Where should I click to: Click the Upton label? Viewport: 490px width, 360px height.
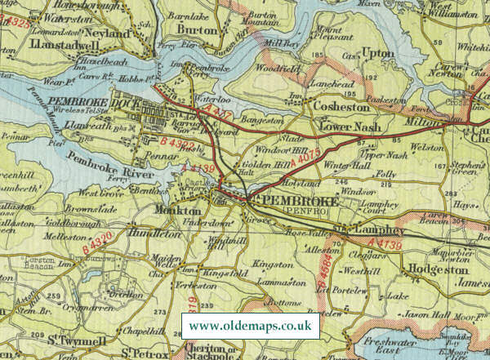[379, 53]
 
